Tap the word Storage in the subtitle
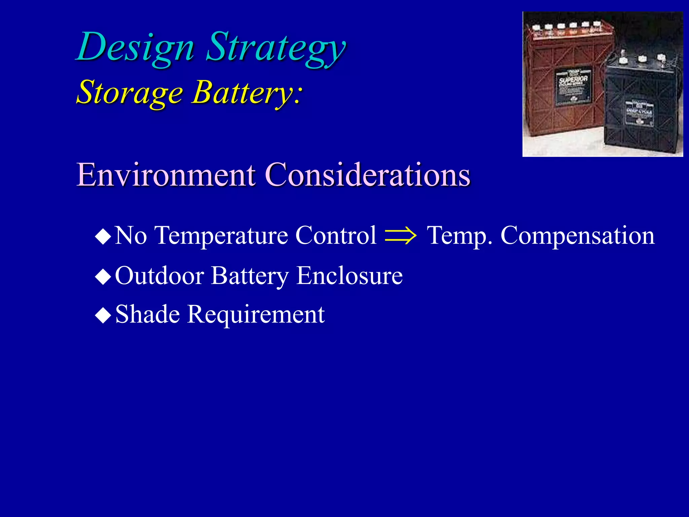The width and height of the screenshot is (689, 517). point(130,93)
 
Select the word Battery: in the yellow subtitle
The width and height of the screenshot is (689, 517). point(247,93)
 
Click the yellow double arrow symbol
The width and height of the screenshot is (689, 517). point(400,236)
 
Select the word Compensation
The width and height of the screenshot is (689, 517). point(577,236)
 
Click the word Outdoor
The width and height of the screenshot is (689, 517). point(159,276)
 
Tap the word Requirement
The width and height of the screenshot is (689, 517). point(256,314)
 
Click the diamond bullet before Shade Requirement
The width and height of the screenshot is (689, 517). point(103,316)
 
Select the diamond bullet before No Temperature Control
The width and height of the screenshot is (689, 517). point(103,237)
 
